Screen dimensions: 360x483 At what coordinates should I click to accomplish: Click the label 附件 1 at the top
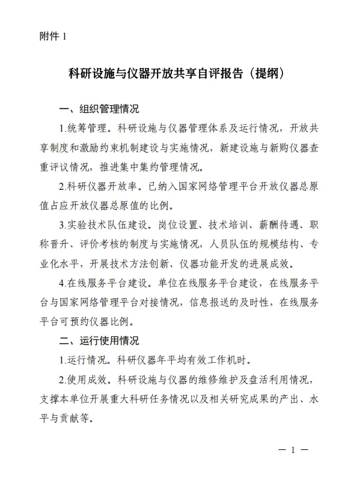tap(51, 37)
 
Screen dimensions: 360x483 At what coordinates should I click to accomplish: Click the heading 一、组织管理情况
tap(99, 110)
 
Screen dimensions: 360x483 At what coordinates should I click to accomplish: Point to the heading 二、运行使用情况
tap(99, 341)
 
